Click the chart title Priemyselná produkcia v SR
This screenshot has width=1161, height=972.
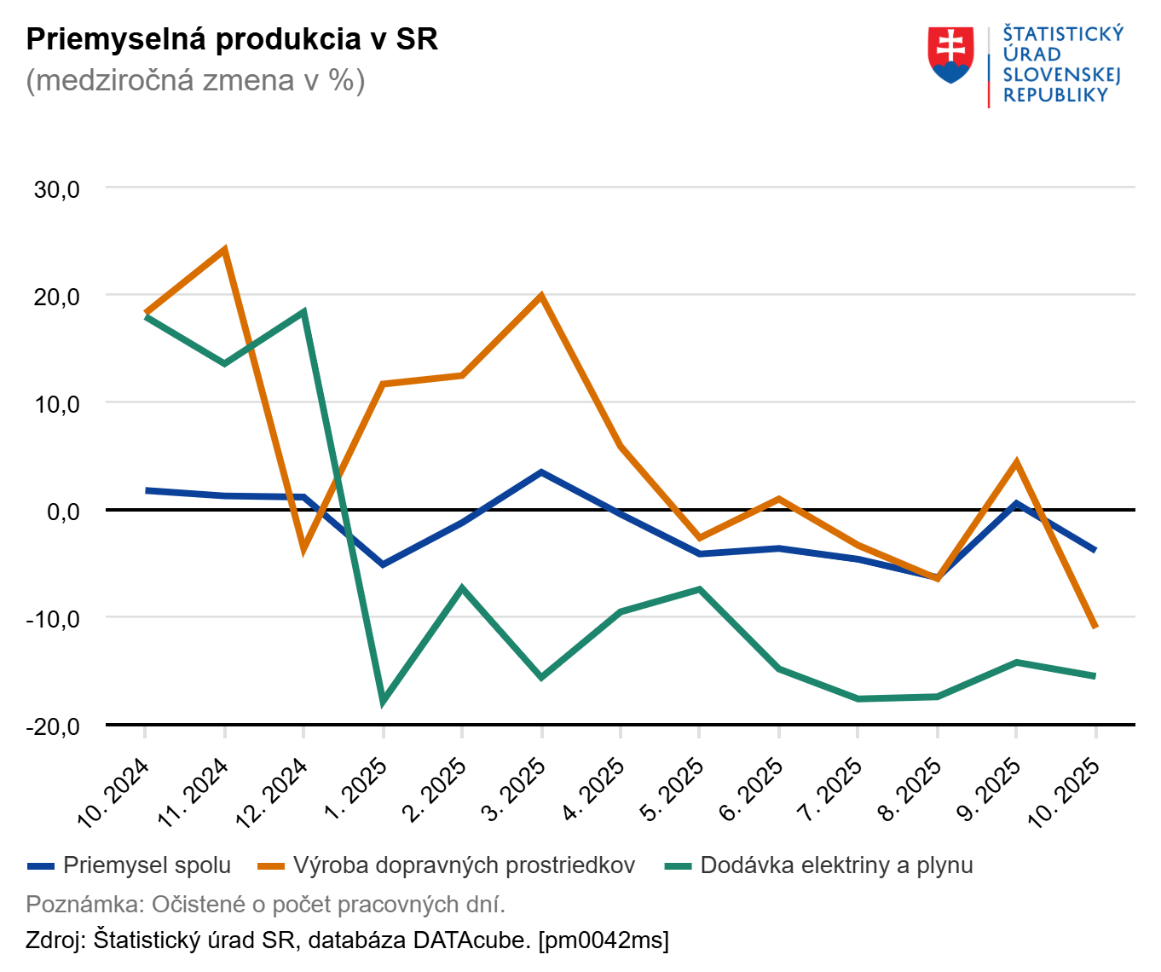tap(232, 39)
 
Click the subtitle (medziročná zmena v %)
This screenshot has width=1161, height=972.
tap(195, 80)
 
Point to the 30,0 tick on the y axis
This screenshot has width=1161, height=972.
tap(57, 189)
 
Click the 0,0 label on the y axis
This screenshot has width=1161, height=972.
tap(63, 512)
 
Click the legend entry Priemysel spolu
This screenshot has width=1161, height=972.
tap(147, 865)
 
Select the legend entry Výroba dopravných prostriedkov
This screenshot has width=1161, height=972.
tap(464, 865)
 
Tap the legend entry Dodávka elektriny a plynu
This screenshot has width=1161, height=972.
tap(836, 865)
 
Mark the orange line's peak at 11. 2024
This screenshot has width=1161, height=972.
tap(224, 250)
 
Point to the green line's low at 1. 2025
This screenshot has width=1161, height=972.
tap(383, 701)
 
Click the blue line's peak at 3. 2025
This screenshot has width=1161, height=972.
tap(541, 472)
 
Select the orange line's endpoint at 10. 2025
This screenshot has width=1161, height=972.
tap(1095, 627)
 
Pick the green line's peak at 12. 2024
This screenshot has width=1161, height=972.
tap(303, 312)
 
